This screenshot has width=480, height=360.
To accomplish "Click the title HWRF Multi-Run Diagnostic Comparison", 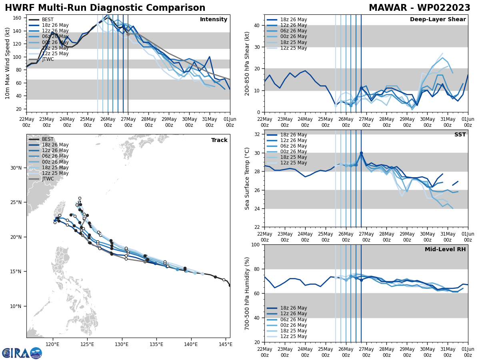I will click(105, 8).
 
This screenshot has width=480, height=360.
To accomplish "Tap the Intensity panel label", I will click(213, 20).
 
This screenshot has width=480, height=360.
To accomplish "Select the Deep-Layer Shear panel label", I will click(438, 20).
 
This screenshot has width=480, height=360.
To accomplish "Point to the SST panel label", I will click(460, 135).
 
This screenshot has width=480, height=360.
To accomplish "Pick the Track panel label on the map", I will click(219, 140).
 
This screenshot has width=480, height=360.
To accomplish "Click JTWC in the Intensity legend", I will click(48, 59).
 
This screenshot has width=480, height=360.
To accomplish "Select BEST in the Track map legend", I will click(48, 139).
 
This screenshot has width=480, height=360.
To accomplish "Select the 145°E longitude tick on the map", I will click(226, 344).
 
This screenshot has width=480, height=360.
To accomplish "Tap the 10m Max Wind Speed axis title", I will click(8, 64).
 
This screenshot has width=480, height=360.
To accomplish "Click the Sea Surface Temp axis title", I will click(247, 178).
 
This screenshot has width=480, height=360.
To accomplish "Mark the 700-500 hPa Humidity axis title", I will click(247, 293).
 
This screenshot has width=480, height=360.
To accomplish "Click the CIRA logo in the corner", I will click(22, 353).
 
